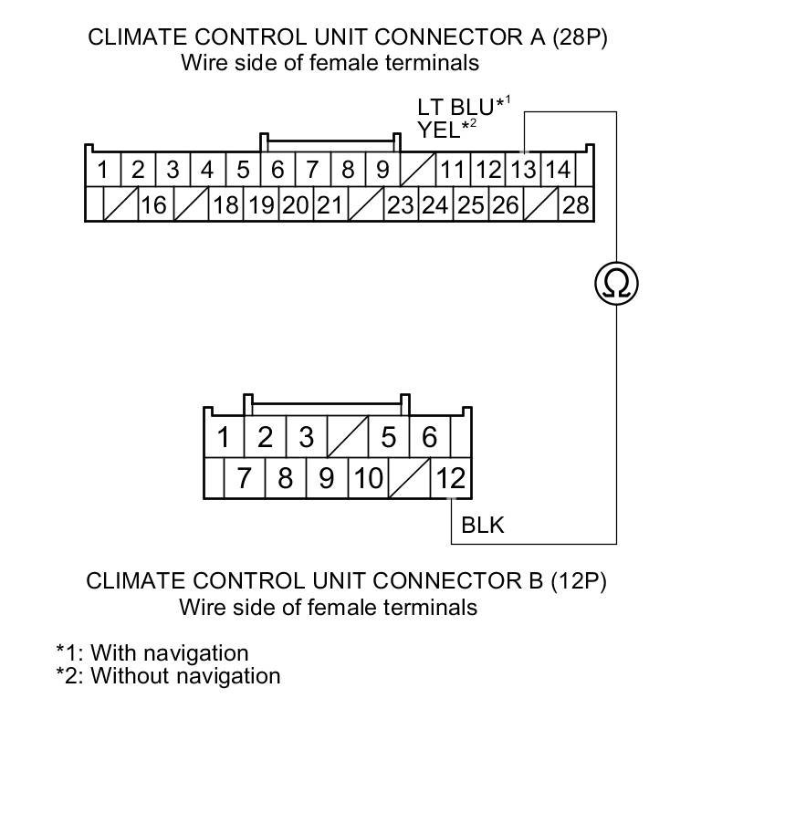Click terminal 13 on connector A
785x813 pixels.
click(523, 170)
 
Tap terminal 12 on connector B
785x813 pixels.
click(451, 477)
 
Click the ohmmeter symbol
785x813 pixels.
click(616, 284)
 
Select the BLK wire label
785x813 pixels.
click(483, 526)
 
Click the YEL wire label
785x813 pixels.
click(439, 130)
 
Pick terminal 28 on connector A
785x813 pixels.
click(575, 204)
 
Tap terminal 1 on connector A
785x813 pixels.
click(103, 170)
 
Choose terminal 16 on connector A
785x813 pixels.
click(153, 204)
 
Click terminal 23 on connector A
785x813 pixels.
click(400, 204)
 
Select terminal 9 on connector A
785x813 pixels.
click(382, 170)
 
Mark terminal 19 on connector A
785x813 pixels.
click(262, 204)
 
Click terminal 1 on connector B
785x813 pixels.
click(223, 438)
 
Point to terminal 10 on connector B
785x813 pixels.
click(368, 477)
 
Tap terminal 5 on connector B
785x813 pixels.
click(389, 438)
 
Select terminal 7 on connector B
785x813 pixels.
click(244, 477)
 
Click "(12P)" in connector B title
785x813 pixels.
click(578, 581)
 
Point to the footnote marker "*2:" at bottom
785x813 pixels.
click(69, 676)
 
